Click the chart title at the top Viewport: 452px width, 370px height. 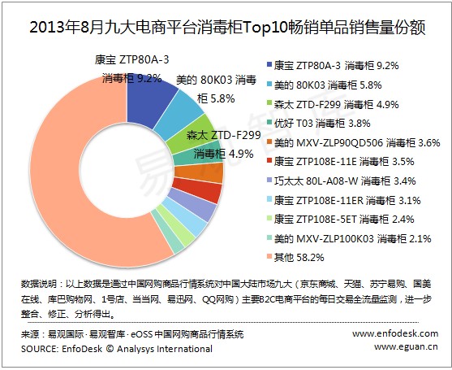coord(227,28)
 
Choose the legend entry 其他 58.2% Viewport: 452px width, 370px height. coord(295,257)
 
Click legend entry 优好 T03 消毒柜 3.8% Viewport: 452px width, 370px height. coord(319,124)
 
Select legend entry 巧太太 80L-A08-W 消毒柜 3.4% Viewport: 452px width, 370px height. coord(342,181)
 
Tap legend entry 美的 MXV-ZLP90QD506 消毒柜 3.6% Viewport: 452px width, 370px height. coord(354,142)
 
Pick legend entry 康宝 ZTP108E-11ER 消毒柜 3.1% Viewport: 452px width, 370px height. coord(343,200)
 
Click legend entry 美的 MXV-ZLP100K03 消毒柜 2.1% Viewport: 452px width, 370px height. coord(349,238)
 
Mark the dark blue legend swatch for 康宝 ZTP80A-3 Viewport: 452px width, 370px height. coord(269,65)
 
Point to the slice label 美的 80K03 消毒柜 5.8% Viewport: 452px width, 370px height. coord(216,89)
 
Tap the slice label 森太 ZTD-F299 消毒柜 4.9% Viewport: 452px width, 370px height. coord(223,144)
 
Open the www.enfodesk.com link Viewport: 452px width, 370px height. coord(395,333)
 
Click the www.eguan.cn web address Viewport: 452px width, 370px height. coord(406,346)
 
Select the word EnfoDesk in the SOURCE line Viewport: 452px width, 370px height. coord(82,349)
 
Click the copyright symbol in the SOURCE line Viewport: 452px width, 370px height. coord(110,349)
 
